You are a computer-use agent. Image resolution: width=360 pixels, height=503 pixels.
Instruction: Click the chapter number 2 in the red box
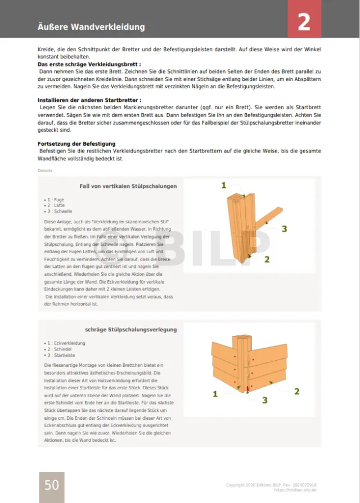coord(304,22)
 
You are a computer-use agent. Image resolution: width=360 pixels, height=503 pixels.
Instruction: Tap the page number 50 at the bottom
coord(51,484)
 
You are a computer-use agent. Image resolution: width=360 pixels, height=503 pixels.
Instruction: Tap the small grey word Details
coord(45,170)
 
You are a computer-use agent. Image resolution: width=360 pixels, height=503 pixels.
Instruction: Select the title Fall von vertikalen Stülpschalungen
coord(128,186)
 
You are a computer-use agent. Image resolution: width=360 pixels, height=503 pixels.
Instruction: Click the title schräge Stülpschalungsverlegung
coord(131,330)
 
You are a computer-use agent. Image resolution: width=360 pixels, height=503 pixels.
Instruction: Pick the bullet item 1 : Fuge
coord(55,200)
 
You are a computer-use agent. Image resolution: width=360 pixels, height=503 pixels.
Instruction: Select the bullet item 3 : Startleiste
coord(62,355)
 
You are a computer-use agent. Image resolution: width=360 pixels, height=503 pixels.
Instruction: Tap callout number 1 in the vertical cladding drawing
coord(224,185)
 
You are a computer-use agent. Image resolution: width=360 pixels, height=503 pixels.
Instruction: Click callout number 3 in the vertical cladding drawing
coord(285,228)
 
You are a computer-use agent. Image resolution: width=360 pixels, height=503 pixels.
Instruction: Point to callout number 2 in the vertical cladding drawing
coord(267,259)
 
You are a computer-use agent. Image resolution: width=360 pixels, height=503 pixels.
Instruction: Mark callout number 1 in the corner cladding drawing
coord(215,394)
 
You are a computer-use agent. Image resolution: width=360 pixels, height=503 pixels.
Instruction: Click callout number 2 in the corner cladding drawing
coord(296,391)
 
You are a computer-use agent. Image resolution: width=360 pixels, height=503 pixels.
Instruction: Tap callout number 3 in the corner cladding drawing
coord(264,400)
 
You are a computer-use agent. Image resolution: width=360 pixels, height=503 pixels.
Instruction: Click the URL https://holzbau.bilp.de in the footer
coord(296,489)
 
